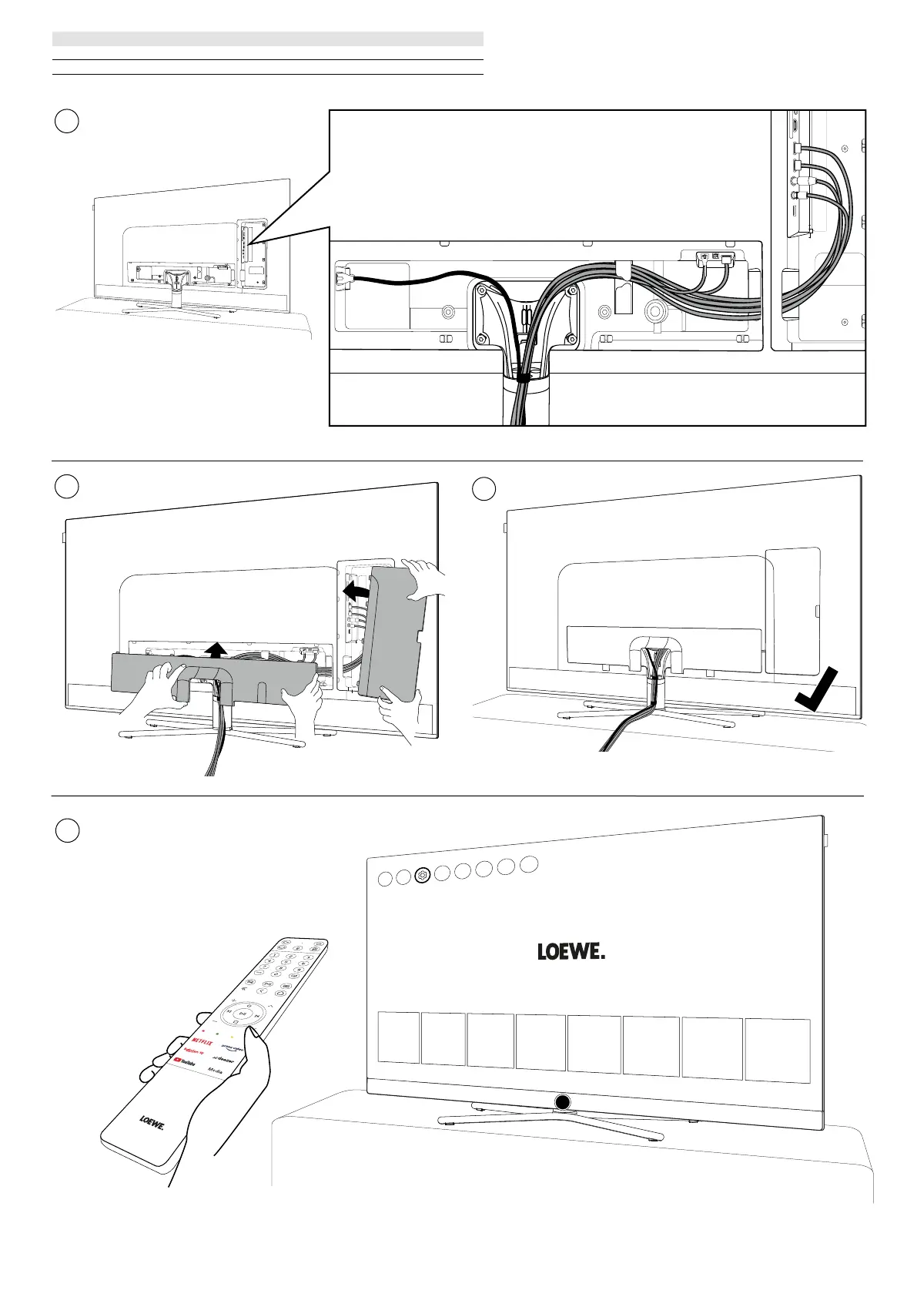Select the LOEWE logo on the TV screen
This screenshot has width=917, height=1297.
571,952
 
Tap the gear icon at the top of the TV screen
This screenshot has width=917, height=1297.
421,876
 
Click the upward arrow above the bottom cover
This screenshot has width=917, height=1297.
218,650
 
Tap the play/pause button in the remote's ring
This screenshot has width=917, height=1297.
242,1014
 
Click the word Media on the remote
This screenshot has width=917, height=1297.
215,1071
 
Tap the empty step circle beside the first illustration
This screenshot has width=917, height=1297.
67,122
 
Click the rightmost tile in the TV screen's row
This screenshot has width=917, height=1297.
778,1047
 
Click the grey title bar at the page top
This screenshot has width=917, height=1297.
267,39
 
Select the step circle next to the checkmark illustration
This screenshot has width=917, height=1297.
483,488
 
